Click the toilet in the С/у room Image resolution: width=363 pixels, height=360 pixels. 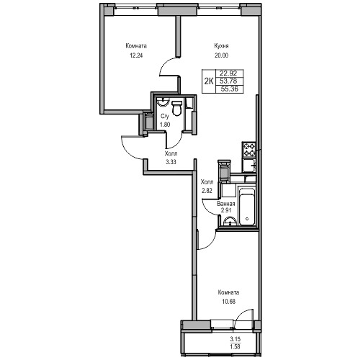click(x=177, y=109)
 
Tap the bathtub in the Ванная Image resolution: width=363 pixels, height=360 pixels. click(x=246, y=207)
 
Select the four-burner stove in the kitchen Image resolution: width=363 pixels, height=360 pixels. click(x=248, y=150)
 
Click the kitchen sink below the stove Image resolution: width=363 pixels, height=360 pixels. click(x=248, y=166)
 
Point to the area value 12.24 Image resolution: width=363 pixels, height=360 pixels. click(x=136, y=55)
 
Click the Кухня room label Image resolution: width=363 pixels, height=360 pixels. click(x=221, y=45)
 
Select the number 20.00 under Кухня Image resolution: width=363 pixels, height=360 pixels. click(x=221, y=55)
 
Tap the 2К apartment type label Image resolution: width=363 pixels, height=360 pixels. click(x=209, y=81)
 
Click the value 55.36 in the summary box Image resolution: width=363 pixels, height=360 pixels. click(x=230, y=89)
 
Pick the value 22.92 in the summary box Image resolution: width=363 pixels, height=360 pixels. click(x=228, y=73)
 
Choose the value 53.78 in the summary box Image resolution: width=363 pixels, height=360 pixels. click(x=228, y=81)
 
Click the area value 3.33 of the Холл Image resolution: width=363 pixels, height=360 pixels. click(x=171, y=162)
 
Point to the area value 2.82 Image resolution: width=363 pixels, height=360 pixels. click(x=207, y=191)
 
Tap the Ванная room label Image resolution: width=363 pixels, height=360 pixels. click(x=226, y=204)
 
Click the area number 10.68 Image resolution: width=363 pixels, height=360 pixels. click(x=229, y=302)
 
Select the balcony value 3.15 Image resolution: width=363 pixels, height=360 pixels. click(x=236, y=339)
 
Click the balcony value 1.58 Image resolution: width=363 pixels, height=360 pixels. click(x=236, y=346)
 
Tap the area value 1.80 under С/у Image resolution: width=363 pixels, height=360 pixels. click(x=165, y=125)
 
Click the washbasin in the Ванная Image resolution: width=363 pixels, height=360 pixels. click(x=230, y=221)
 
